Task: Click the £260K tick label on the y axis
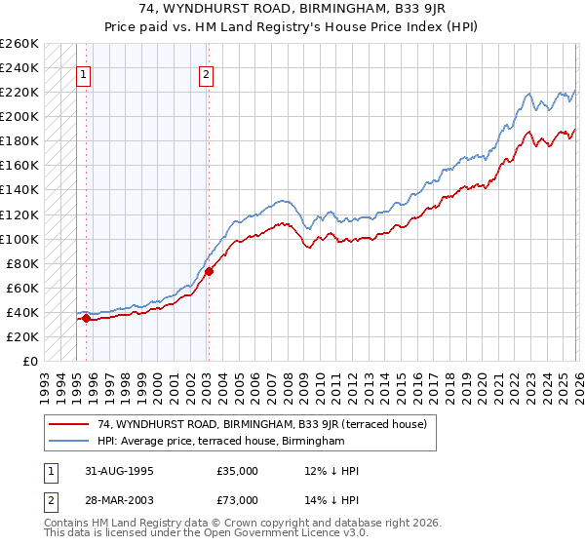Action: [x=19, y=44]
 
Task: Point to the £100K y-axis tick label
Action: [x=19, y=239]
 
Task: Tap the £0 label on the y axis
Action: [x=28, y=361]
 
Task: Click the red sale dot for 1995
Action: [x=87, y=318]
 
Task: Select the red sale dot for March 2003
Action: [x=209, y=271]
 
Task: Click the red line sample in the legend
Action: [x=70, y=424]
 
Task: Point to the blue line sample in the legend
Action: [x=70, y=441]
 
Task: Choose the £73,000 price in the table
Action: [x=238, y=499]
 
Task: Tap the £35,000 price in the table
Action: [x=238, y=471]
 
